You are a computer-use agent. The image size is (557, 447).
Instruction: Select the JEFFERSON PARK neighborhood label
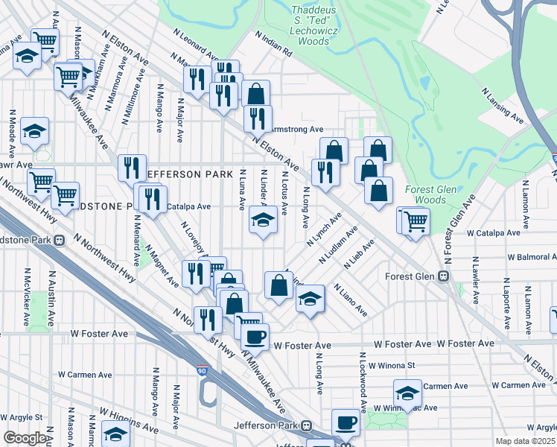click(184, 174)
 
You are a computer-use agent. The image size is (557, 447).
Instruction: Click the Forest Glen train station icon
click(442, 276)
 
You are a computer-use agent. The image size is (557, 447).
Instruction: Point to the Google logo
click(24, 438)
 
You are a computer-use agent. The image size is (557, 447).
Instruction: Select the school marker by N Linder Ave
click(262, 219)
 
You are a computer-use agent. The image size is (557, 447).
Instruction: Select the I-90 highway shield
click(203, 370)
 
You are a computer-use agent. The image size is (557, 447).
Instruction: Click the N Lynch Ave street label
click(324, 230)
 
